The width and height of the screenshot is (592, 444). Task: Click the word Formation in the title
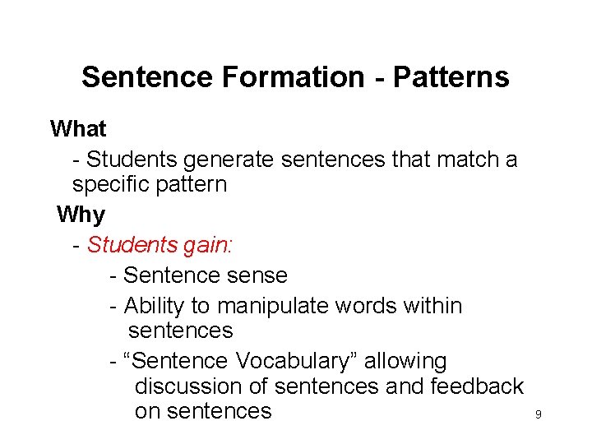tap(293, 77)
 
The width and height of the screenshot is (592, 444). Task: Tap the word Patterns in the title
tap(451, 77)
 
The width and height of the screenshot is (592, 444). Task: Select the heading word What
tap(78, 129)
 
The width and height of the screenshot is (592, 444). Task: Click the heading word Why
tap(81, 215)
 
